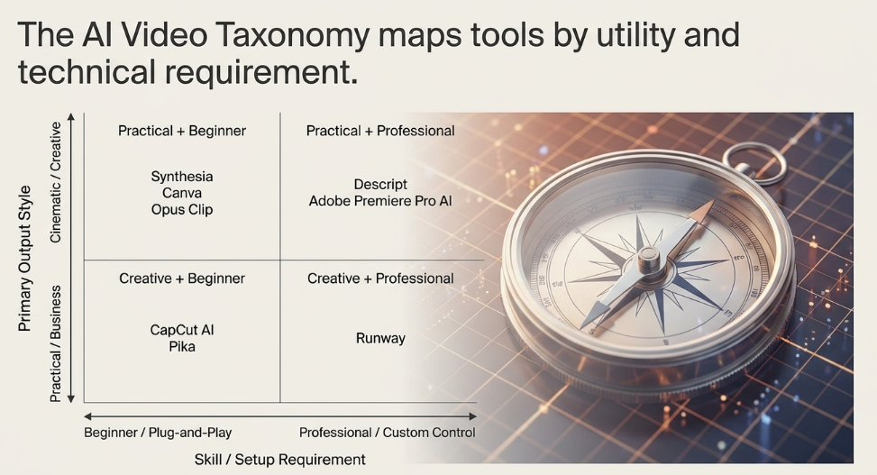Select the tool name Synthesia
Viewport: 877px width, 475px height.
pos(182,177)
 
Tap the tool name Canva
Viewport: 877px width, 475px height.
pos(182,193)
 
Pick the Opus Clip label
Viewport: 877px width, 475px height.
pos(182,210)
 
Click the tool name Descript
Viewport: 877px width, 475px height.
pos(380,185)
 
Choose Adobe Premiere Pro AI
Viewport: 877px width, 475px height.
pos(380,201)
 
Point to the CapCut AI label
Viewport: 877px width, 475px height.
pos(182,330)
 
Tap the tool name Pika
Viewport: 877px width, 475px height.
pos(182,347)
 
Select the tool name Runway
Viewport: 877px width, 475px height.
pos(380,339)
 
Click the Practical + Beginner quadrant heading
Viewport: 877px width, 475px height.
pos(182,131)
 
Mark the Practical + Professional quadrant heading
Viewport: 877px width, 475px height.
pos(380,131)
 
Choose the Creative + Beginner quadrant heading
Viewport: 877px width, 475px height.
pos(182,279)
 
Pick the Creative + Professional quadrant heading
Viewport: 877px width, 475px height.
pos(380,279)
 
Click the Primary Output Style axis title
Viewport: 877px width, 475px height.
pos(24,259)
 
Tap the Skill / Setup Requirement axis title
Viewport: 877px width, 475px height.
pos(279,460)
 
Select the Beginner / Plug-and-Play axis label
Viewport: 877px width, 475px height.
pos(158,433)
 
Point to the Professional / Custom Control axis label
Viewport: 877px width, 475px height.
pos(387,433)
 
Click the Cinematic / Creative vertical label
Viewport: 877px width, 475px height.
pos(55,182)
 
